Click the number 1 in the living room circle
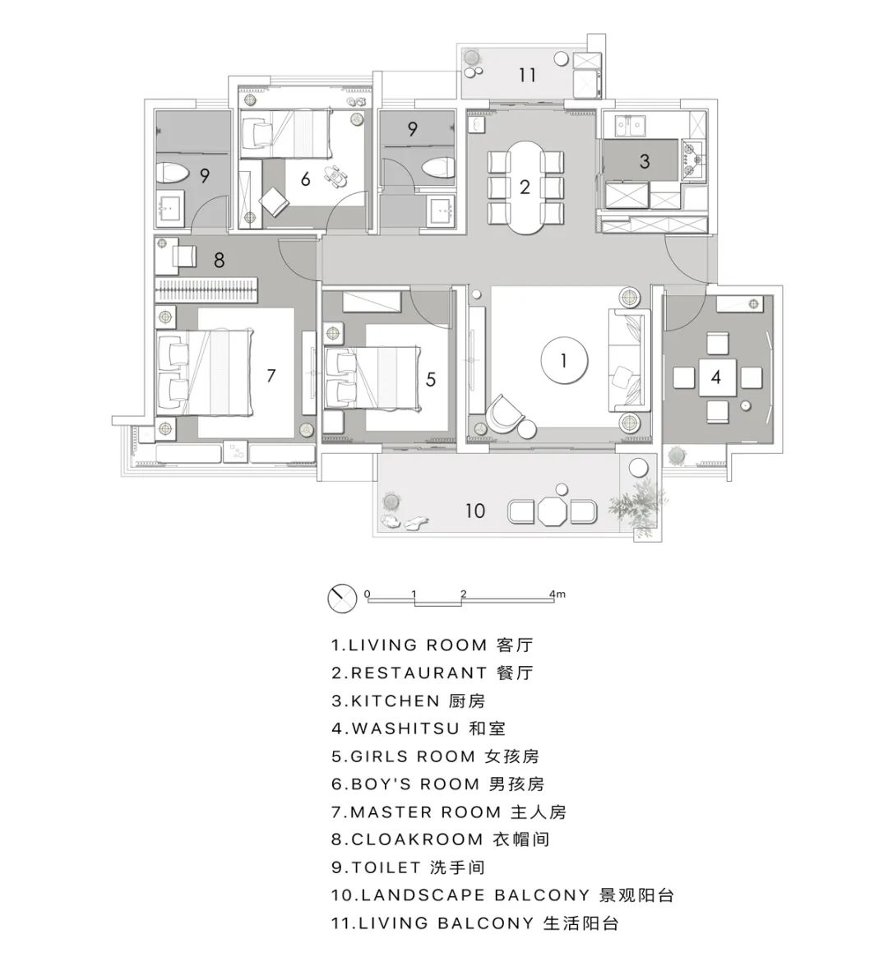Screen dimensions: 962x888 [x=564, y=360]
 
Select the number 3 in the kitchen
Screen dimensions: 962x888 [x=645, y=161]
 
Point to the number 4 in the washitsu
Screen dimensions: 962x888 [x=717, y=377]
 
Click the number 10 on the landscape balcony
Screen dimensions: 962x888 [x=475, y=511]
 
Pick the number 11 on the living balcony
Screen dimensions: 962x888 [x=527, y=76]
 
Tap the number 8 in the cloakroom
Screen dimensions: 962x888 [x=220, y=260]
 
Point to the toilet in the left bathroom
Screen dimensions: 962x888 [x=172, y=174]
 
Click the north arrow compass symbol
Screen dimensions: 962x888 [x=340, y=599]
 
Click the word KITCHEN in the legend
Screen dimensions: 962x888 [x=395, y=701]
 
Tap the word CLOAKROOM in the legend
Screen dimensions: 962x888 [x=417, y=839]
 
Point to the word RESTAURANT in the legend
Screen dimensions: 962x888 [x=419, y=673]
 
